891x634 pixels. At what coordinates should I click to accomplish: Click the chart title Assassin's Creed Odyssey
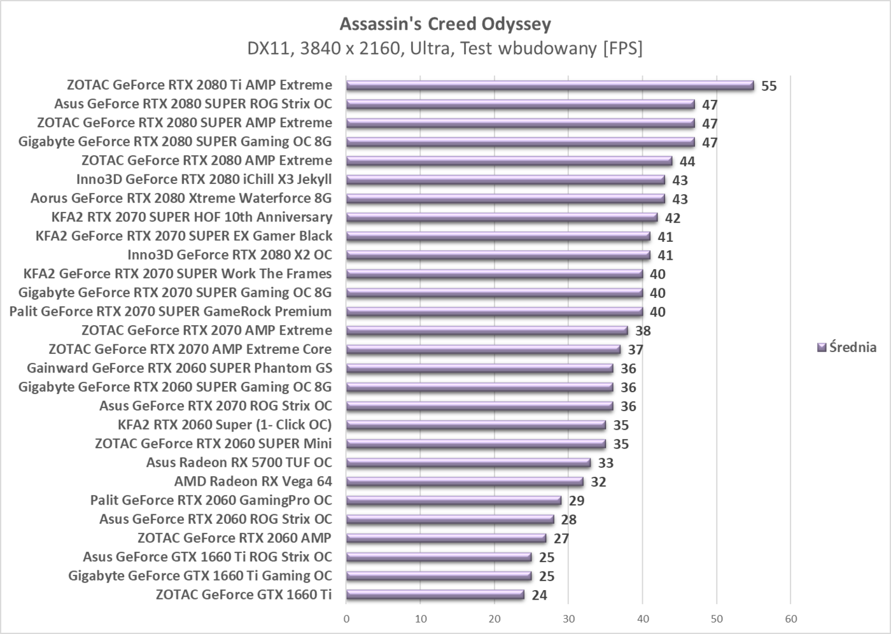[x=445, y=24]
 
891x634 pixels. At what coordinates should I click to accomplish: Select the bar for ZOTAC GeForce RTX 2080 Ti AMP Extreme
[x=550, y=85]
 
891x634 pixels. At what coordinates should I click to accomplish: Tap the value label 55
[x=769, y=86]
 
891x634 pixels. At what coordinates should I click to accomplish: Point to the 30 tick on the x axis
[x=568, y=619]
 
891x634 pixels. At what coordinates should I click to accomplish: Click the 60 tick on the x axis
[x=790, y=619]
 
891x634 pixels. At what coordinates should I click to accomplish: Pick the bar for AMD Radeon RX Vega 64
[x=465, y=482]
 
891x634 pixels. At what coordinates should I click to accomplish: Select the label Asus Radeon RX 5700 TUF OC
[x=239, y=463]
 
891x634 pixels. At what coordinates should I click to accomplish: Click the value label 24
[x=539, y=596]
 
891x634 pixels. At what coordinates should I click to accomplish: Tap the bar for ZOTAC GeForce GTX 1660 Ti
[x=435, y=595]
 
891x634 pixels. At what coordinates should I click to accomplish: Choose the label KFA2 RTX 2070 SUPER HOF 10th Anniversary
[x=192, y=217]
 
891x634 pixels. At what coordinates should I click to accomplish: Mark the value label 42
[x=673, y=218]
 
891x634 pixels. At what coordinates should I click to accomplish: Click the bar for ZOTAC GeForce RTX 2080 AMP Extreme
[x=509, y=161]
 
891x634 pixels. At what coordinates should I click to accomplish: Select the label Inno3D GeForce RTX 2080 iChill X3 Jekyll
[x=204, y=180]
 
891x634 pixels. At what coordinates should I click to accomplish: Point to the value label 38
[x=643, y=331]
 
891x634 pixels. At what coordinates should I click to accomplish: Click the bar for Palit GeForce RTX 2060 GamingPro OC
[x=454, y=501]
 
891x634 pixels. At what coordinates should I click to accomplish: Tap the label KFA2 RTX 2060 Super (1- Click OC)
[x=225, y=425]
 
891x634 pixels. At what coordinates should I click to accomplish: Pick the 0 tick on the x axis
[x=346, y=619]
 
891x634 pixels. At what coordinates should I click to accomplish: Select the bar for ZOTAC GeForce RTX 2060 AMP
[x=446, y=539]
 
